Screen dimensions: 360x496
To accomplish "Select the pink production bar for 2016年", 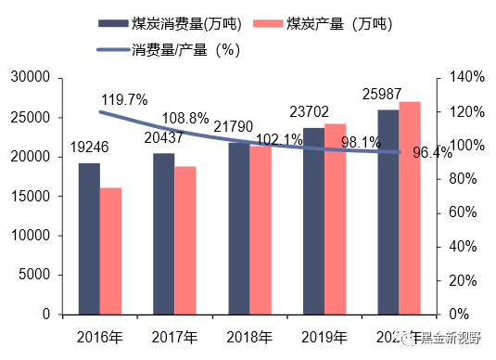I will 111,251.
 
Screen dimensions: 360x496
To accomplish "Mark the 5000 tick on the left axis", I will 34,275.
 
